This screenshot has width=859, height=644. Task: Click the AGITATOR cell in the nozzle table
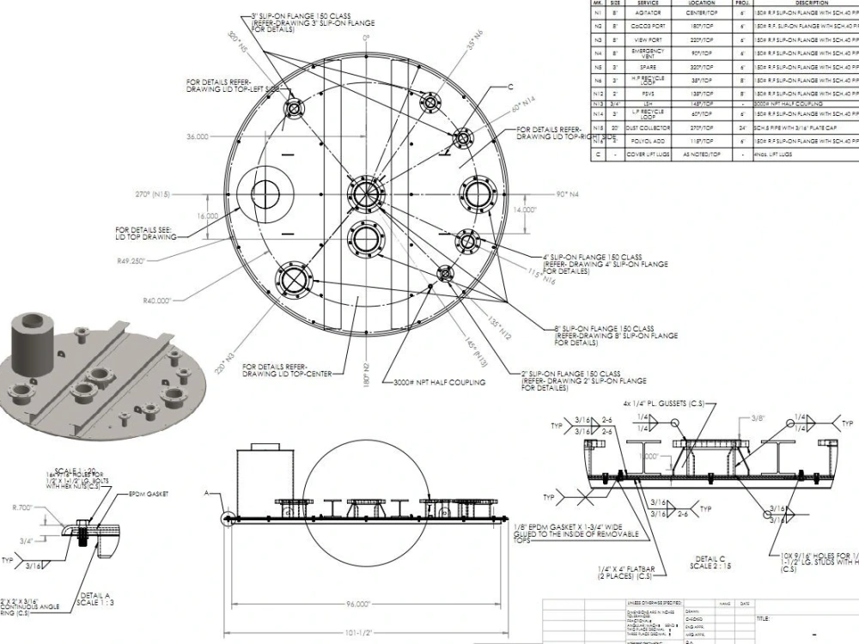click(649, 14)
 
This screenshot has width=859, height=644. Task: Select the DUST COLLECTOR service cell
click(649, 127)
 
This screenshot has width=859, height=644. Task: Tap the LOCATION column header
click(702, 3)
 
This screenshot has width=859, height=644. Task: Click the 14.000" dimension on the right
click(525, 210)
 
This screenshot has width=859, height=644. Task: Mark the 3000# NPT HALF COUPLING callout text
click(440, 382)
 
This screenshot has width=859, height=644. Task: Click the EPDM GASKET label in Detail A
click(148, 495)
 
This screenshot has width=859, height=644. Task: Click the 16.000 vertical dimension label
click(207, 216)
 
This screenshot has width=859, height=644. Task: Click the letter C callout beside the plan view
click(509, 88)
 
